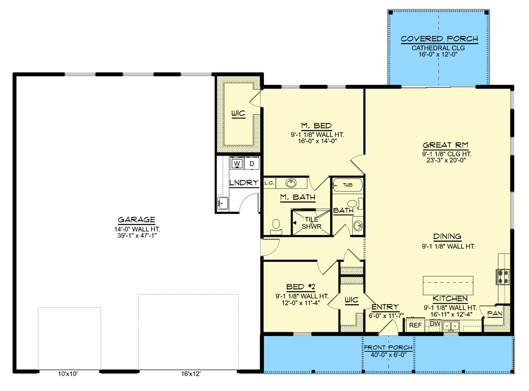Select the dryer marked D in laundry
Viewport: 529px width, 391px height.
click(251, 164)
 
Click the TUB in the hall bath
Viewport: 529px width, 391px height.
click(347, 184)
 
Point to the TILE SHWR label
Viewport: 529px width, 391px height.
click(311, 222)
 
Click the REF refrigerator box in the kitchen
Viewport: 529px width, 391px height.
click(415, 326)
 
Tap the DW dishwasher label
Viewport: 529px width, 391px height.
click(435, 324)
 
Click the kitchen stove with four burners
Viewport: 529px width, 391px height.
click(503, 276)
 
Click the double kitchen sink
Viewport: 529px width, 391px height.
click(451, 326)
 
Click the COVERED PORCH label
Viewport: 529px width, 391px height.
click(439, 39)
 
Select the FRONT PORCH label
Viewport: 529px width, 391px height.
click(388, 348)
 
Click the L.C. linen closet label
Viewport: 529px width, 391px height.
click(269, 183)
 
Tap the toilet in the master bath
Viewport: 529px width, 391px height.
click(277, 226)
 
